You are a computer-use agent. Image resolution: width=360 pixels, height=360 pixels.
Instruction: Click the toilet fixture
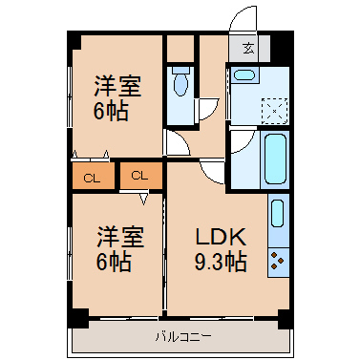[x=180, y=81]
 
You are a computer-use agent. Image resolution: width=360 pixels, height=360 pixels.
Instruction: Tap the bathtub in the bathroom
[x=275, y=159]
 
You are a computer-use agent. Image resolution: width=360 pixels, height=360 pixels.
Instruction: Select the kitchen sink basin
[x=278, y=213]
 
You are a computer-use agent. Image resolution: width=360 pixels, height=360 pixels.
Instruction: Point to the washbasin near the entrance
[x=244, y=75]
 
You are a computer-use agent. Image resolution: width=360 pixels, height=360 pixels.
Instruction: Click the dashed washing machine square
[x=274, y=111]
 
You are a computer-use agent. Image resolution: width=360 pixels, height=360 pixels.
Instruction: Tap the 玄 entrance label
[x=249, y=48]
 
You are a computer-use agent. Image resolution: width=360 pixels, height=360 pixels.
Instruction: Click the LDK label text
[x=221, y=237]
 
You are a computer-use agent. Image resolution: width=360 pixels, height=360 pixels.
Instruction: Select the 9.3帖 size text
[x=221, y=262]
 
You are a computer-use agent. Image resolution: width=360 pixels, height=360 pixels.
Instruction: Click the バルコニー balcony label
[x=183, y=336]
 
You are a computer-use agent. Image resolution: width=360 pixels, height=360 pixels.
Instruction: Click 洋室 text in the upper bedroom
[x=117, y=86]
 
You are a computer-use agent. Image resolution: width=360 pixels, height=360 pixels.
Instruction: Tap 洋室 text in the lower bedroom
[x=120, y=237]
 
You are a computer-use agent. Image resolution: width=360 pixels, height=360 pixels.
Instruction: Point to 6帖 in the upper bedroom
[x=111, y=111]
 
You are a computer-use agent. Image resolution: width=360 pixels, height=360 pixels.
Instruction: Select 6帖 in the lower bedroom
[x=114, y=261]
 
